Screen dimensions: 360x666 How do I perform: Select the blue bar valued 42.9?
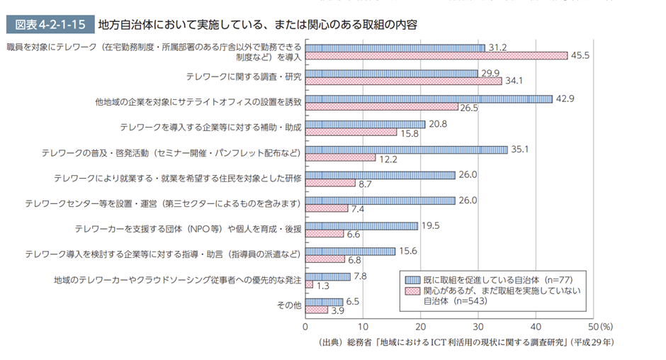(429, 99)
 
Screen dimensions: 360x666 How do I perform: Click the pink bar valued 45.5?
(436, 55)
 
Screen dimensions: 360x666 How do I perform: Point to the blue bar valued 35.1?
(406, 150)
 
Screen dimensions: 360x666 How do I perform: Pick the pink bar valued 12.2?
(340, 157)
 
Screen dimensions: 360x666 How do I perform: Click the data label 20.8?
(439, 124)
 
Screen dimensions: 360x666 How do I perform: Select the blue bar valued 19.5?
(361, 225)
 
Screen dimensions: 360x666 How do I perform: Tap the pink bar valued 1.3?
(309, 284)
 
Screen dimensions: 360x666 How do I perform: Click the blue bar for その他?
(324, 302)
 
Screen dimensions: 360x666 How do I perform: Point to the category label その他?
(288, 305)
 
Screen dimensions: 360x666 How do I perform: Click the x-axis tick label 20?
(420, 327)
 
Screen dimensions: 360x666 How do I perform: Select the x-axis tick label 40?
(536, 327)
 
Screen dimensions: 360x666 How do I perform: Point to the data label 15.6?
(409, 251)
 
